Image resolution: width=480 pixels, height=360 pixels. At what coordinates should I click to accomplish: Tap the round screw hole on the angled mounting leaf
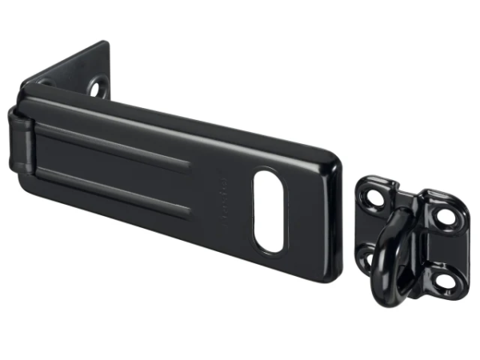click(98, 87)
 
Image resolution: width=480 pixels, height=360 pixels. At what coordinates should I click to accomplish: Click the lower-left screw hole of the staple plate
click(364, 256)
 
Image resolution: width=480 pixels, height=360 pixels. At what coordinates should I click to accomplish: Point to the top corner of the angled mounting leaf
click(106, 43)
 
